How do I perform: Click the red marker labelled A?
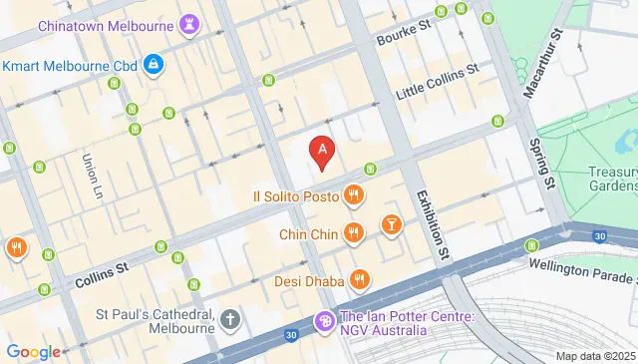point(322,153)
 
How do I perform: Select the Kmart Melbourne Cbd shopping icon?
point(153,66)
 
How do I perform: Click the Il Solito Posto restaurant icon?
point(352,195)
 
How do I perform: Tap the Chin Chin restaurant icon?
point(352,233)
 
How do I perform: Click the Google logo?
point(33,351)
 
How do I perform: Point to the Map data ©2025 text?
point(594,356)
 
